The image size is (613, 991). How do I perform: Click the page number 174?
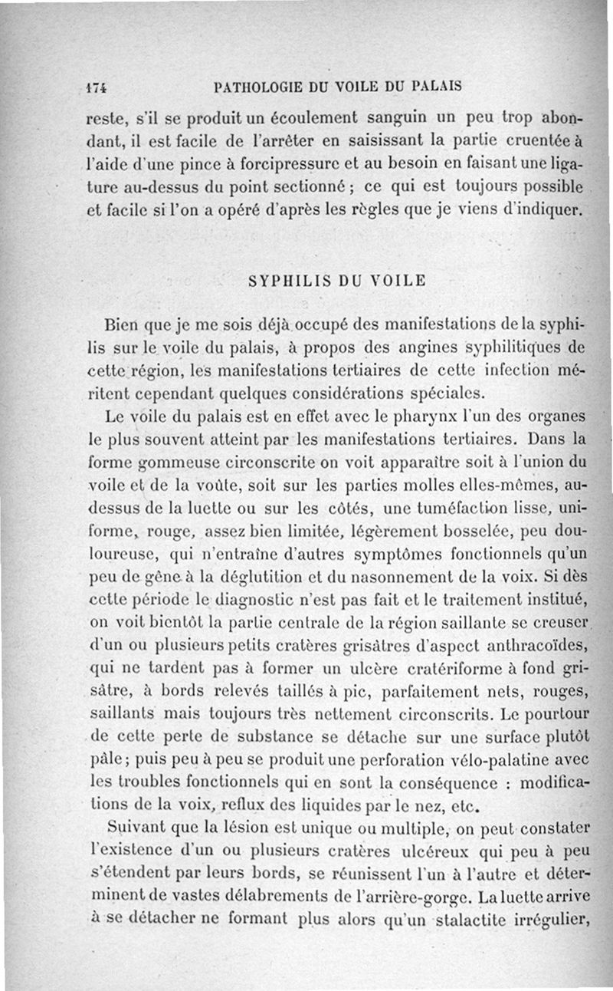coord(97,87)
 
